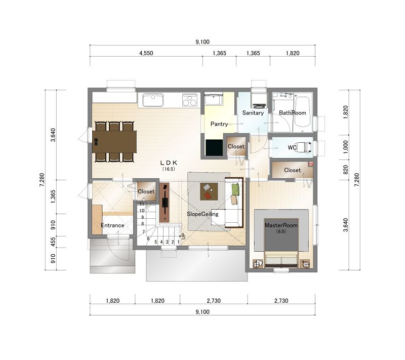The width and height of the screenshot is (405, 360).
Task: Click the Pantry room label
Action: point(219,124)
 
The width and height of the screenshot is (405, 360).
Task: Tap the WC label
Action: point(292,147)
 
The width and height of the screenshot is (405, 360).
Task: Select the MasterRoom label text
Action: point(281,225)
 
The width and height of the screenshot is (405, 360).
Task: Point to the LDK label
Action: point(169,163)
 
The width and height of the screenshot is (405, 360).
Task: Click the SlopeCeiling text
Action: point(202,214)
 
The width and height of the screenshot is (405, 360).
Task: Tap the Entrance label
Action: point(112,225)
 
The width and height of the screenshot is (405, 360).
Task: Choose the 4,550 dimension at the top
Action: point(146,53)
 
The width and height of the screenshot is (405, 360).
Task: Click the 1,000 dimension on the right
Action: point(346,147)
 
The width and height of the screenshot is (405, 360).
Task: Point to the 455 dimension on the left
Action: point(53,242)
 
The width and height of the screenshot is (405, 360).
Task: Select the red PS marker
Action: point(311,164)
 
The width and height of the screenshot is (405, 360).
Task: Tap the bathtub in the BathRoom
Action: point(302,111)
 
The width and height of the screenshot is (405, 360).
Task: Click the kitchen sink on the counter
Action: point(153,100)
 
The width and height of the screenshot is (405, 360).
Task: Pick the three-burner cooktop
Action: point(190,100)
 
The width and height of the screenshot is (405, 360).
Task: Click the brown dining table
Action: point(114,142)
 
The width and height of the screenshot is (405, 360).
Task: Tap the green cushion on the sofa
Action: point(235,189)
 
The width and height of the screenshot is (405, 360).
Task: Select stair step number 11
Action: point(142,204)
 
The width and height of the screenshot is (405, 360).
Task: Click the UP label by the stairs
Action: point(183,236)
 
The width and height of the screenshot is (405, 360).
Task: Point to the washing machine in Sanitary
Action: point(259,98)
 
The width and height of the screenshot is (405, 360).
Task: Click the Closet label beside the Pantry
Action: point(236,146)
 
